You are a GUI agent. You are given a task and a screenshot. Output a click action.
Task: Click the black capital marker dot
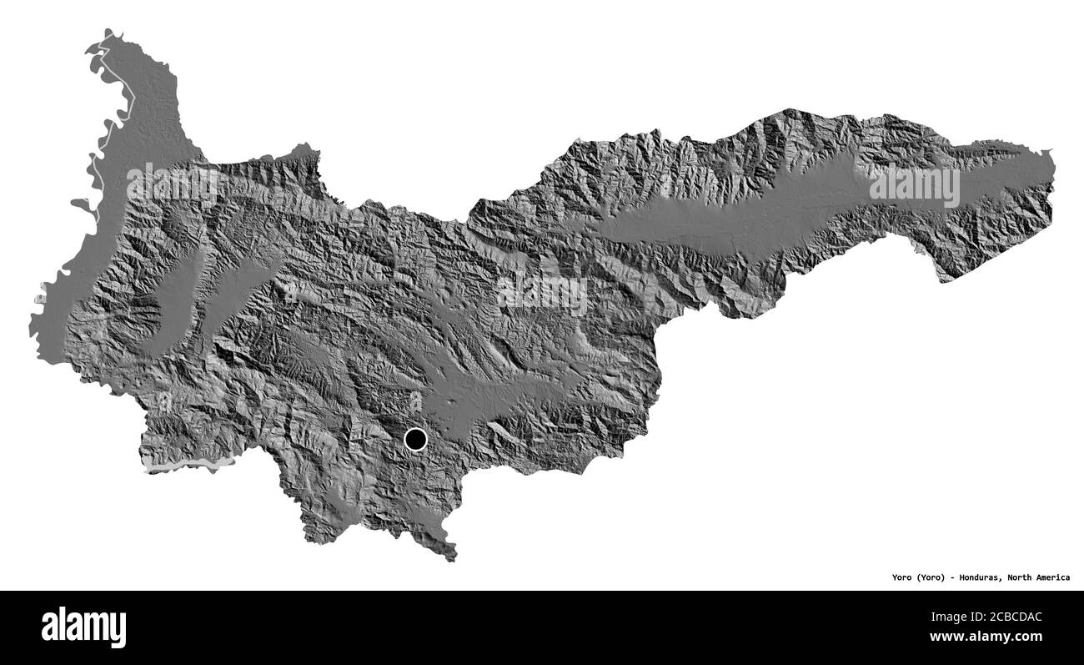[x=415, y=439]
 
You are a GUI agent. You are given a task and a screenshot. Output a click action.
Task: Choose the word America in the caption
[x=1056, y=577]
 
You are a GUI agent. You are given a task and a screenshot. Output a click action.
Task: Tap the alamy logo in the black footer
[x=83, y=627]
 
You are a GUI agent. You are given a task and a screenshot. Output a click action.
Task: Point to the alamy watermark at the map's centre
[x=542, y=293]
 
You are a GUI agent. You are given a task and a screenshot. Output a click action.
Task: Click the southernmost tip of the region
[x=453, y=558]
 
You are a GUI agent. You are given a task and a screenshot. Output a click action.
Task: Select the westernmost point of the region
[x=31, y=320]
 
